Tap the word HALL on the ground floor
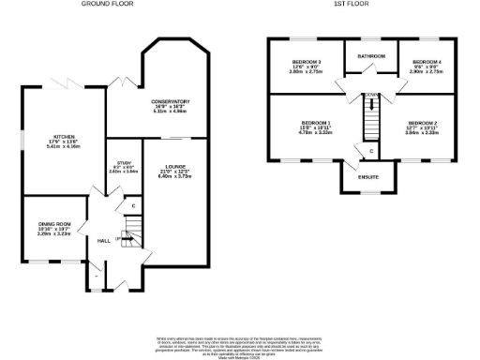(104, 240)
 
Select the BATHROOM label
(371, 56)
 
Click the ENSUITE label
(356, 174)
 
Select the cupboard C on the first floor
(371, 150)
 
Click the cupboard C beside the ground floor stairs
(133, 205)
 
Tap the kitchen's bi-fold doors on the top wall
(66, 83)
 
